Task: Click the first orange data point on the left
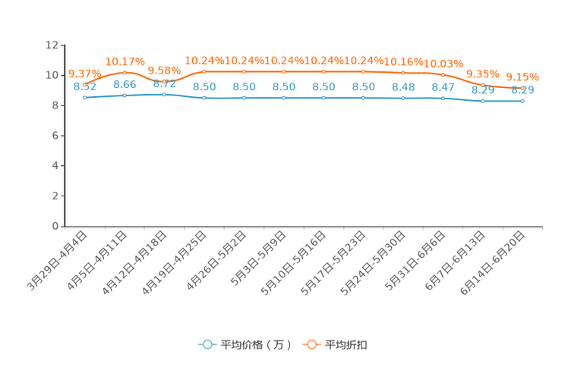pos(84,83)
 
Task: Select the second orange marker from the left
pos(124,71)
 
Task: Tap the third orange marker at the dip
pos(164,80)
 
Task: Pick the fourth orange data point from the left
pos(204,71)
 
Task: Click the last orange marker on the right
pos(522,89)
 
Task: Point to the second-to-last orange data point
pos(482,83)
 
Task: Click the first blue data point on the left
pos(84,98)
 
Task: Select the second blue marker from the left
pos(124,96)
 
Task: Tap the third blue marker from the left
pos(164,94)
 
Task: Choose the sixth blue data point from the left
pos(284,99)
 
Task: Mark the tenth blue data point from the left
pos(443,99)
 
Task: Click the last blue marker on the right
pos(522,102)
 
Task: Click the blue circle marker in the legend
pos(207,344)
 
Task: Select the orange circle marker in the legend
pos(312,344)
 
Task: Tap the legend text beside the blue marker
pos(255,345)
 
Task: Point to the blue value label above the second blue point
pos(125,84)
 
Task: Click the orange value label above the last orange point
pos(522,76)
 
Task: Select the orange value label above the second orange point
pos(125,60)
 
